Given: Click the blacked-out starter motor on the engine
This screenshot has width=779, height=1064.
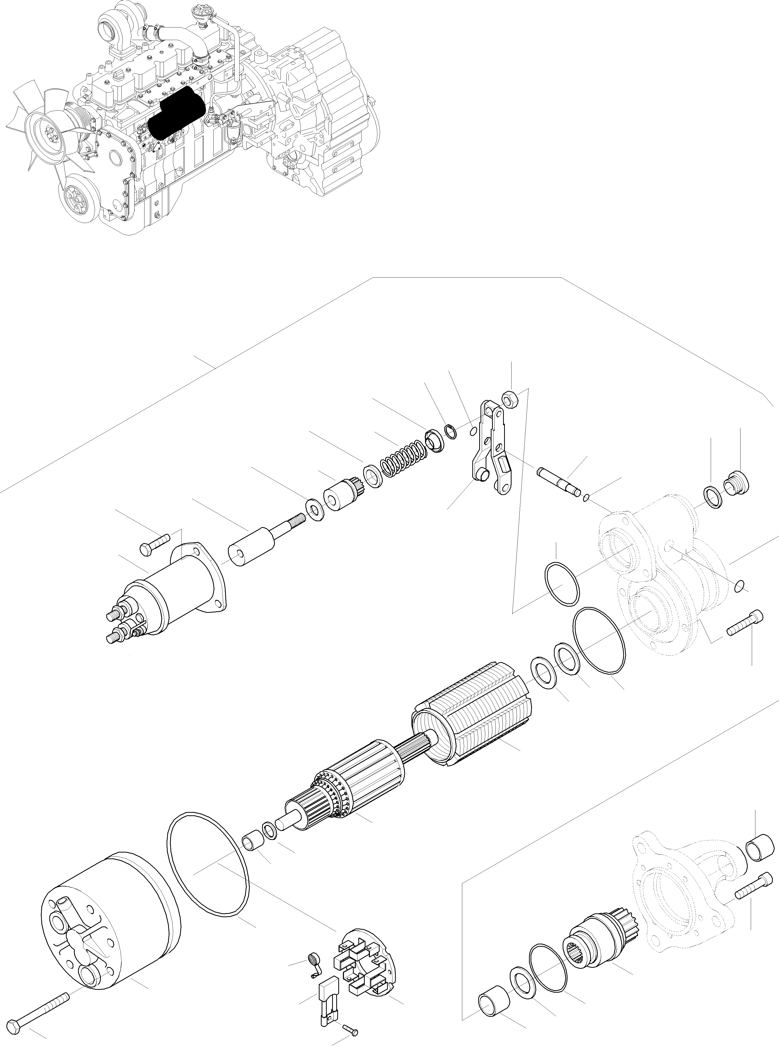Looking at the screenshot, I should tap(175, 113).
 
